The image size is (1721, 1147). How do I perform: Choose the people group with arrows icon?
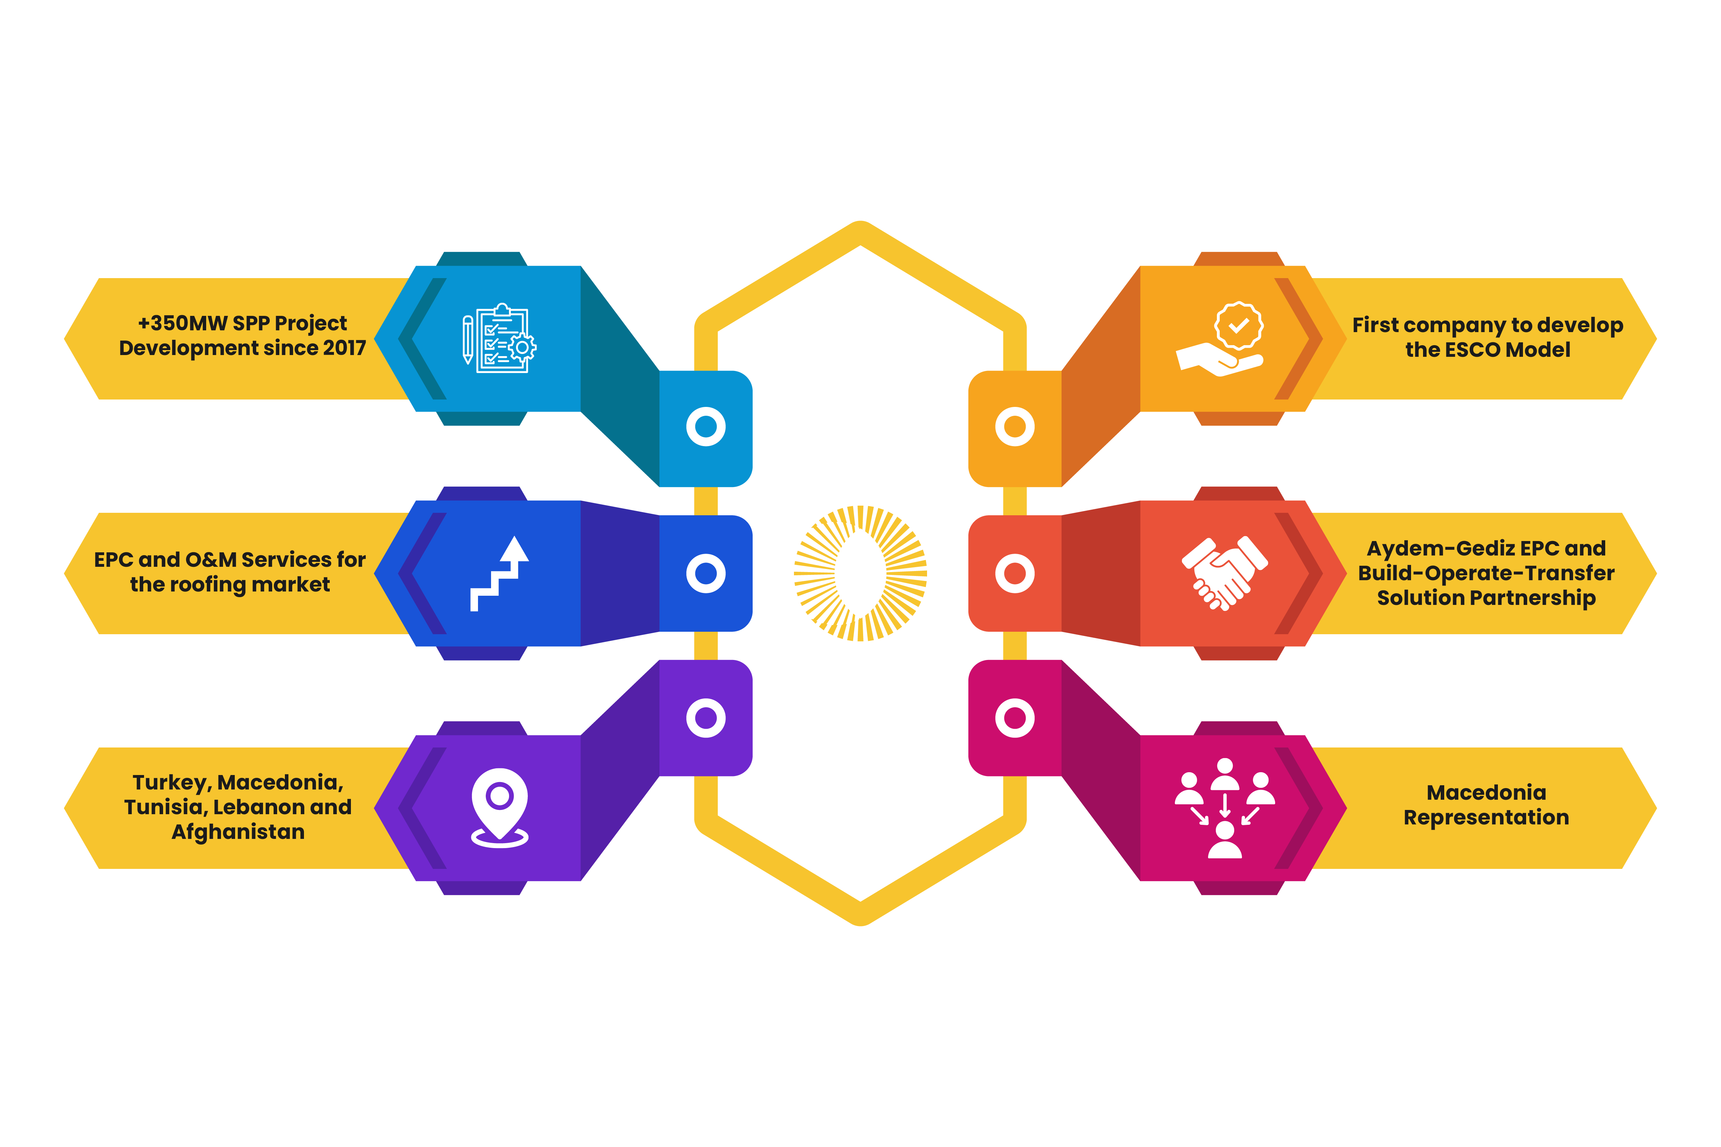(1225, 807)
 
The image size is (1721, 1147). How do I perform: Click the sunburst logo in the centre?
(861, 573)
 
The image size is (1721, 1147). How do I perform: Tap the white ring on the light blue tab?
(706, 426)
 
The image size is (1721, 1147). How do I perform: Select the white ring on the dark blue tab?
(706, 573)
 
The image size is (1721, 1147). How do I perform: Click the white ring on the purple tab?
(706, 717)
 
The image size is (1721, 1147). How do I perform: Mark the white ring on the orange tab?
(1015, 426)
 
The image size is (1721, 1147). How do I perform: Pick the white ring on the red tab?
(1015, 573)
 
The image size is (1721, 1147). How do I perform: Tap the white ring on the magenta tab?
(1015, 717)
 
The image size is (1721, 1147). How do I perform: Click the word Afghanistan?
(238, 833)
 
